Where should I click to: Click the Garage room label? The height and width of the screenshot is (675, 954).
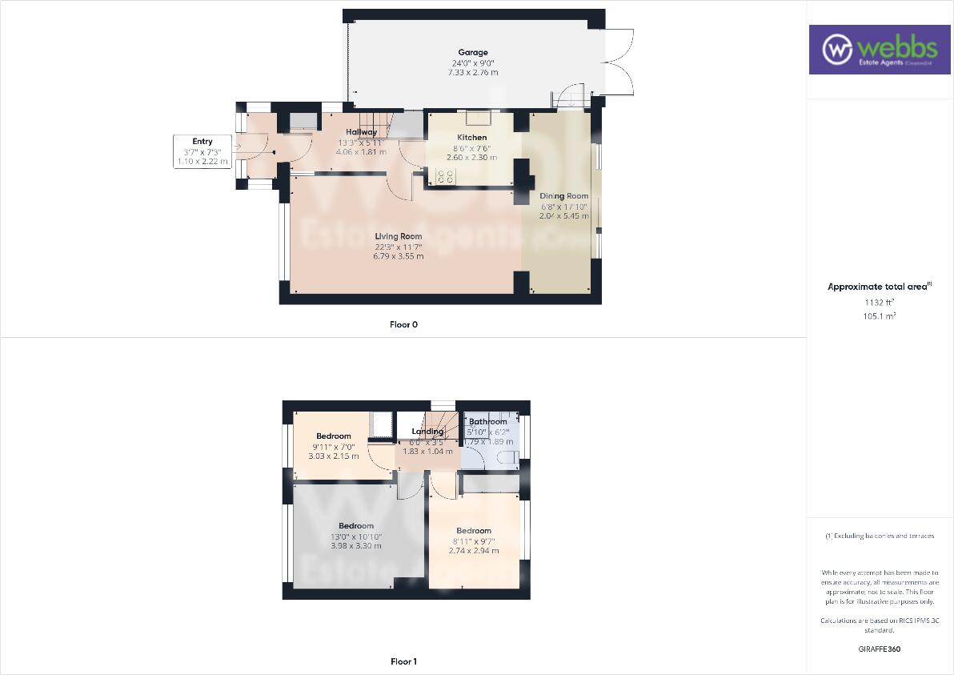pyautogui.click(x=473, y=53)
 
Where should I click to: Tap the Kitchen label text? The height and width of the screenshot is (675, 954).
pyautogui.click(x=471, y=138)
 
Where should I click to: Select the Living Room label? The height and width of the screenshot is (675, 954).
pyautogui.click(x=399, y=236)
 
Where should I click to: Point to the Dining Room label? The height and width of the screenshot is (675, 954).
pyautogui.click(x=563, y=196)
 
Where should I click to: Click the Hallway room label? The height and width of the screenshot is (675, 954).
pyautogui.click(x=361, y=132)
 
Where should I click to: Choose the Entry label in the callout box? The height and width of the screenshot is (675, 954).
pyautogui.click(x=202, y=142)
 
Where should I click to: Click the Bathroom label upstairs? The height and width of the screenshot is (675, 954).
pyautogui.click(x=487, y=422)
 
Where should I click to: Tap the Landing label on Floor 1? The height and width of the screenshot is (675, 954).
pyautogui.click(x=427, y=432)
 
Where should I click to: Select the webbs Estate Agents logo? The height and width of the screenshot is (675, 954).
pyautogui.click(x=878, y=50)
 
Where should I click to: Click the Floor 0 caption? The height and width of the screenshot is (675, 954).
pyautogui.click(x=403, y=325)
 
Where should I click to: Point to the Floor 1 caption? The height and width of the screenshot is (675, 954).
pyautogui.click(x=403, y=661)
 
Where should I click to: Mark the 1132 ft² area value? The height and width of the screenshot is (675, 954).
pyautogui.click(x=880, y=303)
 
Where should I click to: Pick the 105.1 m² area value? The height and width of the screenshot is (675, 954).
pyautogui.click(x=880, y=316)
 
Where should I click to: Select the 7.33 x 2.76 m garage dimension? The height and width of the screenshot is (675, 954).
pyautogui.click(x=473, y=73)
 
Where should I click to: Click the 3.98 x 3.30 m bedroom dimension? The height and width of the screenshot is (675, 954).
pyautogui.click(x=355, y=546)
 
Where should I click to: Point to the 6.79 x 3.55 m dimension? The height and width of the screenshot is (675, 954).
pyautogui.click(x=399, y=256)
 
